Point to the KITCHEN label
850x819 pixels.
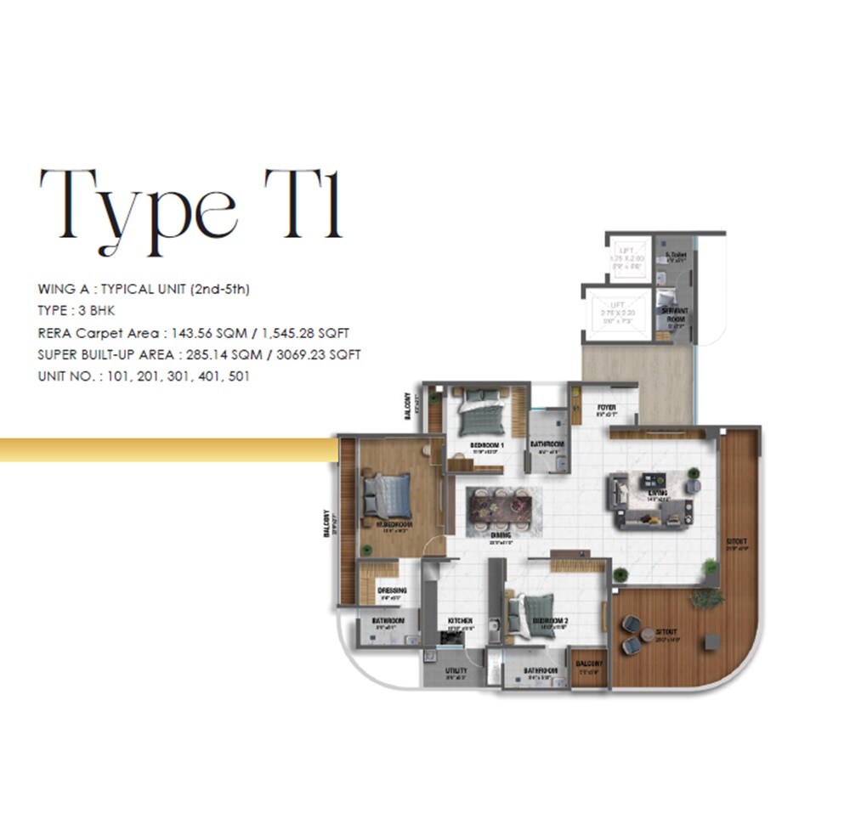(460, 621)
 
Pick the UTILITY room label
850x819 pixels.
(456, 671)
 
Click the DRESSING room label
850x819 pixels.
(392, 590)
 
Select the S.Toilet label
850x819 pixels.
(677, 255)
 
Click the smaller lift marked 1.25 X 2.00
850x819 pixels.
(629, 257)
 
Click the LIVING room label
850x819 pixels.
(656, 493)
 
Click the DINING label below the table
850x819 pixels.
(500, 535)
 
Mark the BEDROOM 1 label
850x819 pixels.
(487, 444)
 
